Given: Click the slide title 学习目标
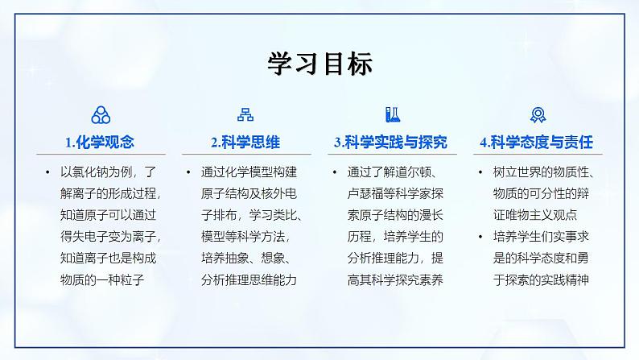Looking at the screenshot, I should click(x=319, y=64).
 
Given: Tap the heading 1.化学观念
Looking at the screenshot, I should click(x=100, y=143).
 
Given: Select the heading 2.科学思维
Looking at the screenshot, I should click(x=245, y=143).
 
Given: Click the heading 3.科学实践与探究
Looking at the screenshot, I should click(x=390, y=143).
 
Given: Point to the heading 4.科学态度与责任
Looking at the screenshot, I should click(x=536, y=143).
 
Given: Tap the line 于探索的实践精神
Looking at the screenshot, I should click(x=539, y=280).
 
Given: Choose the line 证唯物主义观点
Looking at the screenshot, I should click(x=533, y=216).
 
